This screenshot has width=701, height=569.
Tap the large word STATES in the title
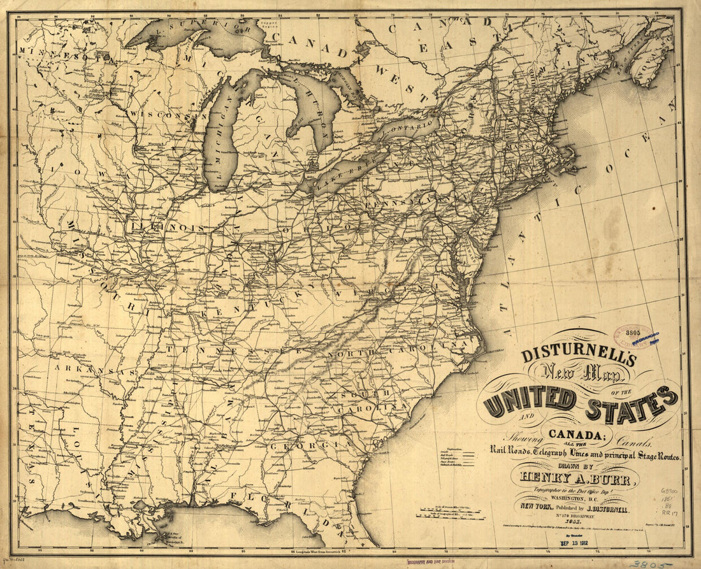click(631, 403)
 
